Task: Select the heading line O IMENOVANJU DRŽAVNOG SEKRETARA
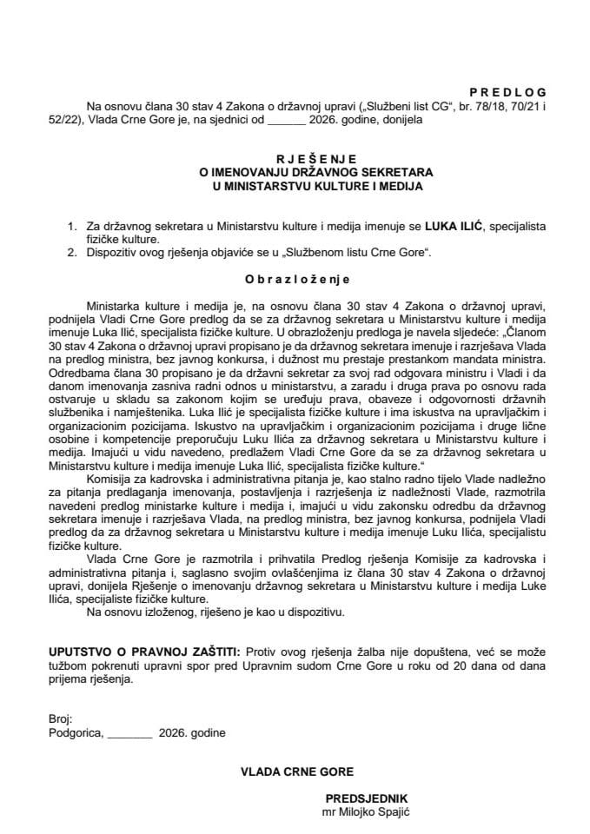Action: pyautogui.click(x=295, y=172)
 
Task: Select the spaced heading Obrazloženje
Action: pyautogui.click(x=295, y=280)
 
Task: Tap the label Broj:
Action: pyautogui.click(x=61, y=719)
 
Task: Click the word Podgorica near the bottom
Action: pyautogui.click(x=76, y=731)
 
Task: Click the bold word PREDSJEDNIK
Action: pyautogui.click(x=367, y=798)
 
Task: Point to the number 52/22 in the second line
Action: pyautogui.click(x=62, y=120)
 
